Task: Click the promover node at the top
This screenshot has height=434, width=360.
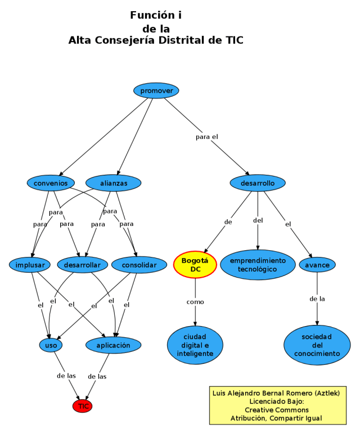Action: coord(156,91)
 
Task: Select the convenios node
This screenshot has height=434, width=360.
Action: coord(51,183)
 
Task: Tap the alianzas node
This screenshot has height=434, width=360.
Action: coord(114,183)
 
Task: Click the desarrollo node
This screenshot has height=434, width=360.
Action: coord(258,183)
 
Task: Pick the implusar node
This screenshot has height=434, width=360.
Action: coord(30,264)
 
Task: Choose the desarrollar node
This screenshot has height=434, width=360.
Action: coord(82,264)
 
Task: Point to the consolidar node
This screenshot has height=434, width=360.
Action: coord(139,264)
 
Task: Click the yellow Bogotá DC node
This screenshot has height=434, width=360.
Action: coord(195,265)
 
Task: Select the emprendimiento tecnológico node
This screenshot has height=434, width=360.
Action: coord(258,265)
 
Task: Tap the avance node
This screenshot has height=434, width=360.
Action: coord(317,264)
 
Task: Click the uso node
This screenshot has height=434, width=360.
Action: coord(51,345)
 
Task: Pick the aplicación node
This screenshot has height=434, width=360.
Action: coord(114,345)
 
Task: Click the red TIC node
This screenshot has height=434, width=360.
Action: coord(83,406)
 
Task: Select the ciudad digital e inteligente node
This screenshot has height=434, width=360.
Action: coord(195,345)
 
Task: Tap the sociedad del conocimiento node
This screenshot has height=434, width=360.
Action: coord(317,345)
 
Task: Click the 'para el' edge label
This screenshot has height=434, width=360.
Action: coord(206,137)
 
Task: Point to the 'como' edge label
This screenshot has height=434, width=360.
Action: coord(195,302)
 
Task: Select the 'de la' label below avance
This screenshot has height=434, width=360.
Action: coord(317,299)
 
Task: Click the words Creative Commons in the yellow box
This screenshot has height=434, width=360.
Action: coord(277,410)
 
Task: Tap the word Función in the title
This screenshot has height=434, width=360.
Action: coord(149,15)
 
